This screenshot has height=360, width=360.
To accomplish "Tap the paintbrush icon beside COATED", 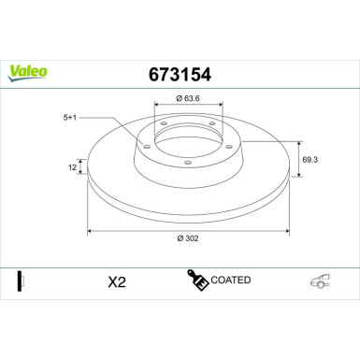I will click(197, 281).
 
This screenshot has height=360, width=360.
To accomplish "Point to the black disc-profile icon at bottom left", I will click(20, 281).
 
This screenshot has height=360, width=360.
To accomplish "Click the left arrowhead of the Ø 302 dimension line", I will click(90, 230).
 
